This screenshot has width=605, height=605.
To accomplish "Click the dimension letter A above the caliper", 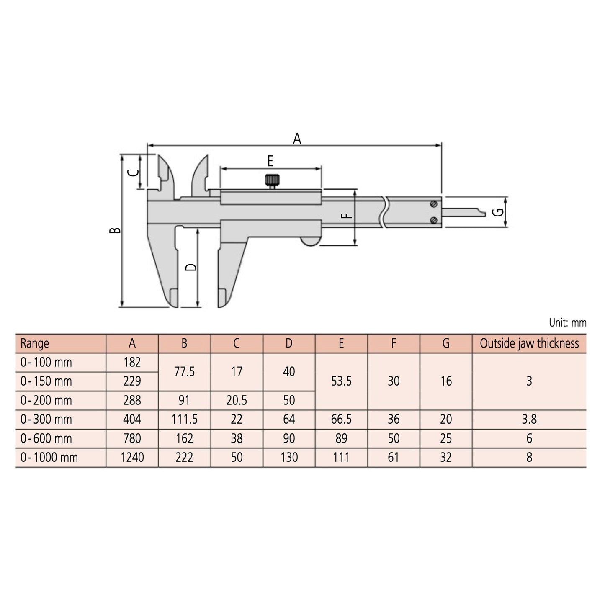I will pos(297,138).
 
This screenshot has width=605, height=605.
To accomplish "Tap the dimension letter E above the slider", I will pos(270,161).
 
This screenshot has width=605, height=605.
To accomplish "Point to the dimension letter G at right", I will pos(498,212).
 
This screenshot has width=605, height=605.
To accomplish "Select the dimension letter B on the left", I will pos(115,230).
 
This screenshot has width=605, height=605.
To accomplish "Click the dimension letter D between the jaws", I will pos(191,267).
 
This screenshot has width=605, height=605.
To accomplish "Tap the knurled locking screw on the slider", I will pos(272,181).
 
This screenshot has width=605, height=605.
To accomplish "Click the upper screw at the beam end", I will pos(434,204).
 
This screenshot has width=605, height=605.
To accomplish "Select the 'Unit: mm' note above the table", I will pos(567,323).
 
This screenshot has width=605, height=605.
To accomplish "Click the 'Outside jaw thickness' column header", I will pos(529,344).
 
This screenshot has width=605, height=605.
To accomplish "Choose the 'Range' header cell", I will pos(35,344).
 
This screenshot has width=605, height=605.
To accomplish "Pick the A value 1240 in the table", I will pos(132,458).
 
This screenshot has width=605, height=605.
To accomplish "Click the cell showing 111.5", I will pos(184,420).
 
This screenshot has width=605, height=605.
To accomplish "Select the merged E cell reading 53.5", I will pos(341,381).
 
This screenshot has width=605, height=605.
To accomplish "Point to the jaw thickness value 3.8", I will pos(529,420).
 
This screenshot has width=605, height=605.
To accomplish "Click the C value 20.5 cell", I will pos(237,401).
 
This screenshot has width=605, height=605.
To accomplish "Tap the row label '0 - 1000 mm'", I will pos(49,458).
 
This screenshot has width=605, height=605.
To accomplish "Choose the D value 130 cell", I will pos(289,458).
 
